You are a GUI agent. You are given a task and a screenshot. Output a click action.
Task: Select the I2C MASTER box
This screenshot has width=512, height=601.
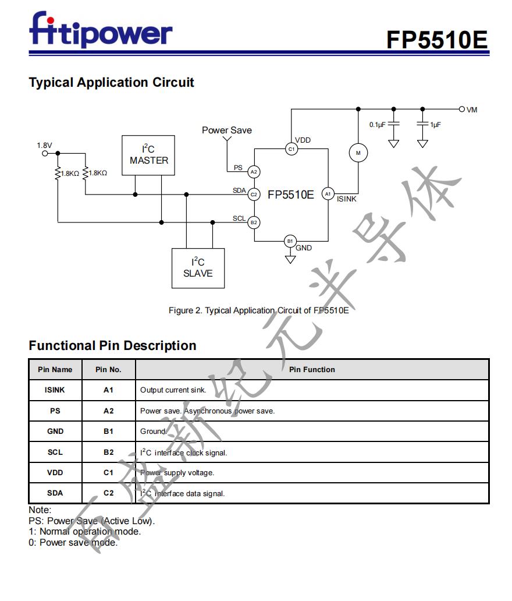(149, 155)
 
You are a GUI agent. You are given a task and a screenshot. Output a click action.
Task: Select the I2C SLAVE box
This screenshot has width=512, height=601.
(198, 268)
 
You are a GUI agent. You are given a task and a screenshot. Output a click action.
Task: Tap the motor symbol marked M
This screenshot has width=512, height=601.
(358, 153)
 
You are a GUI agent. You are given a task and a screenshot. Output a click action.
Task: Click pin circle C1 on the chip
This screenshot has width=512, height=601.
(291, 149)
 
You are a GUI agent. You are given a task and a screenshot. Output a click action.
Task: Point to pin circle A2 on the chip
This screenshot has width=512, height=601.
(254, 172)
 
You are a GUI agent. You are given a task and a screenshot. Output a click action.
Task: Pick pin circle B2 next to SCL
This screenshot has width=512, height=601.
(254, 222)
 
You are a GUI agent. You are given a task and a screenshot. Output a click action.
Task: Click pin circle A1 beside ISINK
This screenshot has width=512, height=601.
(328, 194)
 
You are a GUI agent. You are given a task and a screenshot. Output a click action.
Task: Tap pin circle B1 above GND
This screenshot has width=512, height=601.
(290, 241)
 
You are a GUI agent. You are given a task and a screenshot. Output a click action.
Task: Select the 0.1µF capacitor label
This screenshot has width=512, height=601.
(377, 125)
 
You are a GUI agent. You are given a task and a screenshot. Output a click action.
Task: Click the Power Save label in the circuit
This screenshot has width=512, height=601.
(227, 130)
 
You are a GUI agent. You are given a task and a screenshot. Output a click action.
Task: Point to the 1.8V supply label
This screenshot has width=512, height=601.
(44, 146)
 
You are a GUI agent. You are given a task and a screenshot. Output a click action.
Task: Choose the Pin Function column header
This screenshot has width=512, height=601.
(312, 369)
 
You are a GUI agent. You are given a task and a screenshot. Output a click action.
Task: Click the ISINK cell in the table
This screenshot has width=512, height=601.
(55, 390)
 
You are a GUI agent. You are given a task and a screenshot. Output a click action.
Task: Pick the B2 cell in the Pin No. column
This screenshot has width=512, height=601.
(108, 452)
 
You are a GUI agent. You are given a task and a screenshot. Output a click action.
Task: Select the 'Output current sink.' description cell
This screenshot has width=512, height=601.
(173, 390)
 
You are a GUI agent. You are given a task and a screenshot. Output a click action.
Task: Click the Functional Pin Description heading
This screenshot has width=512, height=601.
(112, 345)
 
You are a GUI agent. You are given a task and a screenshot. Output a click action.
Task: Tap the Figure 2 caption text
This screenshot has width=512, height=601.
(258, 310)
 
